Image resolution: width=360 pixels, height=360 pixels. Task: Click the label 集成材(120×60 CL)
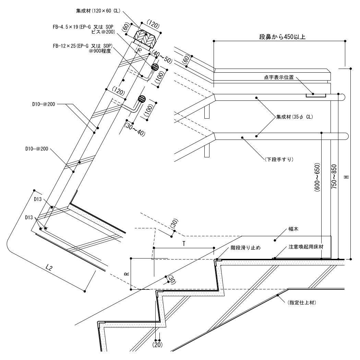tap(98, 11)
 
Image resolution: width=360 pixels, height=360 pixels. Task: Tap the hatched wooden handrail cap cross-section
tap(145, 38)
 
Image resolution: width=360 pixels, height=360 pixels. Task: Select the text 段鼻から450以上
tap(282, 37)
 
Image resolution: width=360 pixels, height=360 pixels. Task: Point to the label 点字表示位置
tap(279, 77)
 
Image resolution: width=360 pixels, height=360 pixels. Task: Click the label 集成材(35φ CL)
tap(294, 117)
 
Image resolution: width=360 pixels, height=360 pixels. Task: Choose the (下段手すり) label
tap(279, 159)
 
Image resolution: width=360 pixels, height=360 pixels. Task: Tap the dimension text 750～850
tap(334, 177)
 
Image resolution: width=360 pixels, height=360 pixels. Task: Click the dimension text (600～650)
tap(317, 177)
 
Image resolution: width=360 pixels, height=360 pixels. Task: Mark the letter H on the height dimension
tap(347, 177)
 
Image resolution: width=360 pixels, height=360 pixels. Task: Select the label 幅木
tap(293, 229)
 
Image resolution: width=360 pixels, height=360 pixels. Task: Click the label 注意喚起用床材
tap(306, 247)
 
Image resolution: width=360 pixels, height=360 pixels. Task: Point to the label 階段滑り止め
tap(245, 248)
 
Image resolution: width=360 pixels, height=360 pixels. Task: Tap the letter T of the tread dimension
tap(184, 243)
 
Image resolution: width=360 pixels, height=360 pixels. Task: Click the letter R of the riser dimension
tap(127, 274)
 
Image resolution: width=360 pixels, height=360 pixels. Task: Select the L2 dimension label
tap(49, 267)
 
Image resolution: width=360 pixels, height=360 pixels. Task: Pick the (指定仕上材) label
tap(302, 303)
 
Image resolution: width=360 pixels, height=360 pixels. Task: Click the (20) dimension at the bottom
tap(157, 345)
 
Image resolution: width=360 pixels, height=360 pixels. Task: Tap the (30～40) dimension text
tap(135, 129)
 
